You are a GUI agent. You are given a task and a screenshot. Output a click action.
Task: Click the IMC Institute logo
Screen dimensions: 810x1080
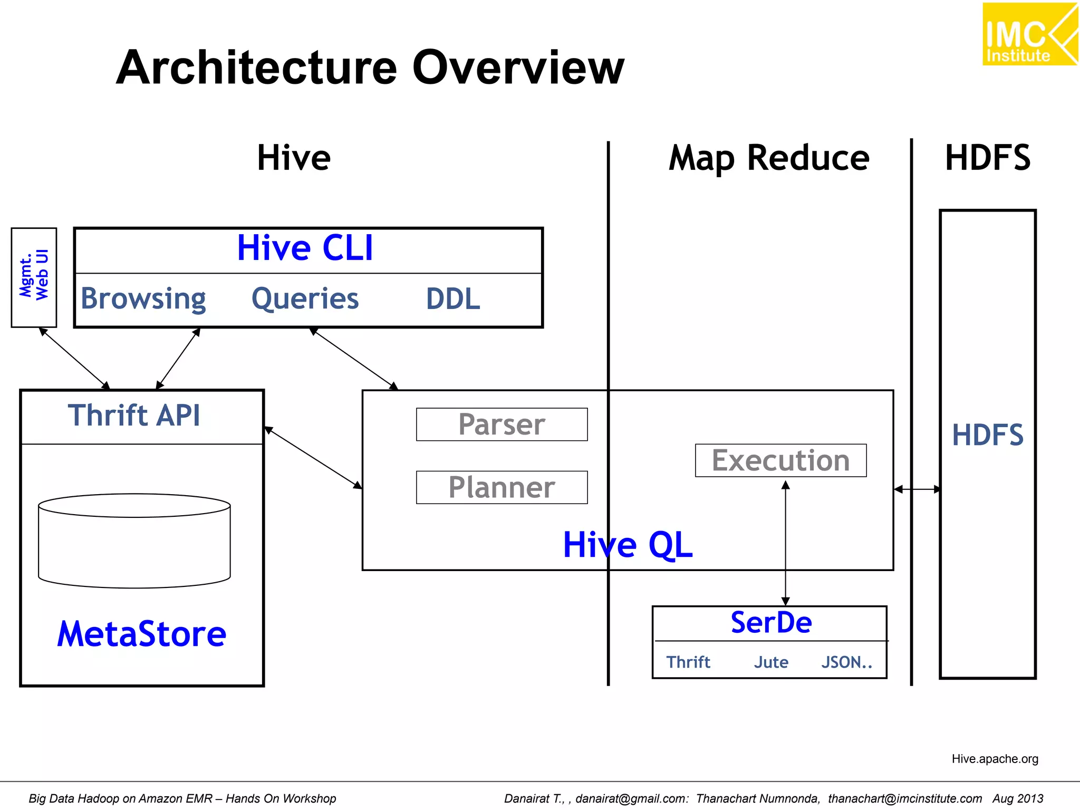[x=1029, y=34]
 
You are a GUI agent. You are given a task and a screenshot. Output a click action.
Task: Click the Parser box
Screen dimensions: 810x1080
[x=502, y=425]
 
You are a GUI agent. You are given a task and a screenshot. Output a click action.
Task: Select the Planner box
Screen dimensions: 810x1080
[x=502, y=487]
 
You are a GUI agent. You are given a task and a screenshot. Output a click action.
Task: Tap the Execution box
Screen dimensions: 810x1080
[x=780, y=460]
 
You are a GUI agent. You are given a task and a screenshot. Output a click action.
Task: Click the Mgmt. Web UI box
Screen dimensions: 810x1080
[x=34, y=277]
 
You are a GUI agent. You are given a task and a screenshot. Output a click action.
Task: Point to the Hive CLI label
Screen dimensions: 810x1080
[x=305, y=248]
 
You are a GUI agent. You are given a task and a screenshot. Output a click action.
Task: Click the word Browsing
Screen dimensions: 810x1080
[x=143, y=299]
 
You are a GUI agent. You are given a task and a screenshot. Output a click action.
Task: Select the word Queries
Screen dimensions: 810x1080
[x=305, y=299]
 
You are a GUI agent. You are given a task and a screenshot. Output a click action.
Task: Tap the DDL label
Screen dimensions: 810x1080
[x=453, y=299]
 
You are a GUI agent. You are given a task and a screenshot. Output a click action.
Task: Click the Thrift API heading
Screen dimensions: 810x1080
[x=134, y=416]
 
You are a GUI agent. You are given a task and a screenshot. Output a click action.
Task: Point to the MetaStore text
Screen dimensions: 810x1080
[x=141, y=634]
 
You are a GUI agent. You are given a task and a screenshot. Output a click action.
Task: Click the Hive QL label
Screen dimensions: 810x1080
[x=627, y=545]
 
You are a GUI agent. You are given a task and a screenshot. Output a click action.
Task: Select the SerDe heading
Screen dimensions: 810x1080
[x=771, y=623]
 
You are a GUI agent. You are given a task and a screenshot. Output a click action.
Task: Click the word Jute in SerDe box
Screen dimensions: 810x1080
[x=771, y=662]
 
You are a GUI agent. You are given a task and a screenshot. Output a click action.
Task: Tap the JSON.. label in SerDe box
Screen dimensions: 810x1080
[x=846, y=662]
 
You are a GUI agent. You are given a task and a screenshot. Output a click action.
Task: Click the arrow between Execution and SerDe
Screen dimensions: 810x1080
[x=785, y=543]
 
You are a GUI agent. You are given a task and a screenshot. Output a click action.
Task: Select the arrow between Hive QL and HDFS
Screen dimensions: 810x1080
[x=917, y=489]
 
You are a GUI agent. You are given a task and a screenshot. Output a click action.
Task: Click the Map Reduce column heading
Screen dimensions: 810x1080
[x=768, y=158]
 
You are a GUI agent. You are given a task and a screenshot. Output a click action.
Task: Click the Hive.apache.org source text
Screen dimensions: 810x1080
[x=995, y=759]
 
